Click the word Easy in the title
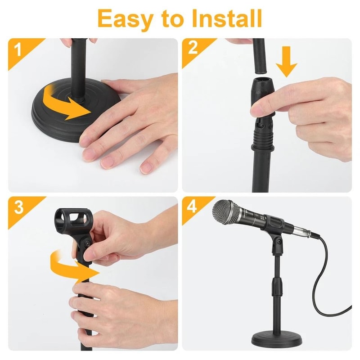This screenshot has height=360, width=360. (126, 19)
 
